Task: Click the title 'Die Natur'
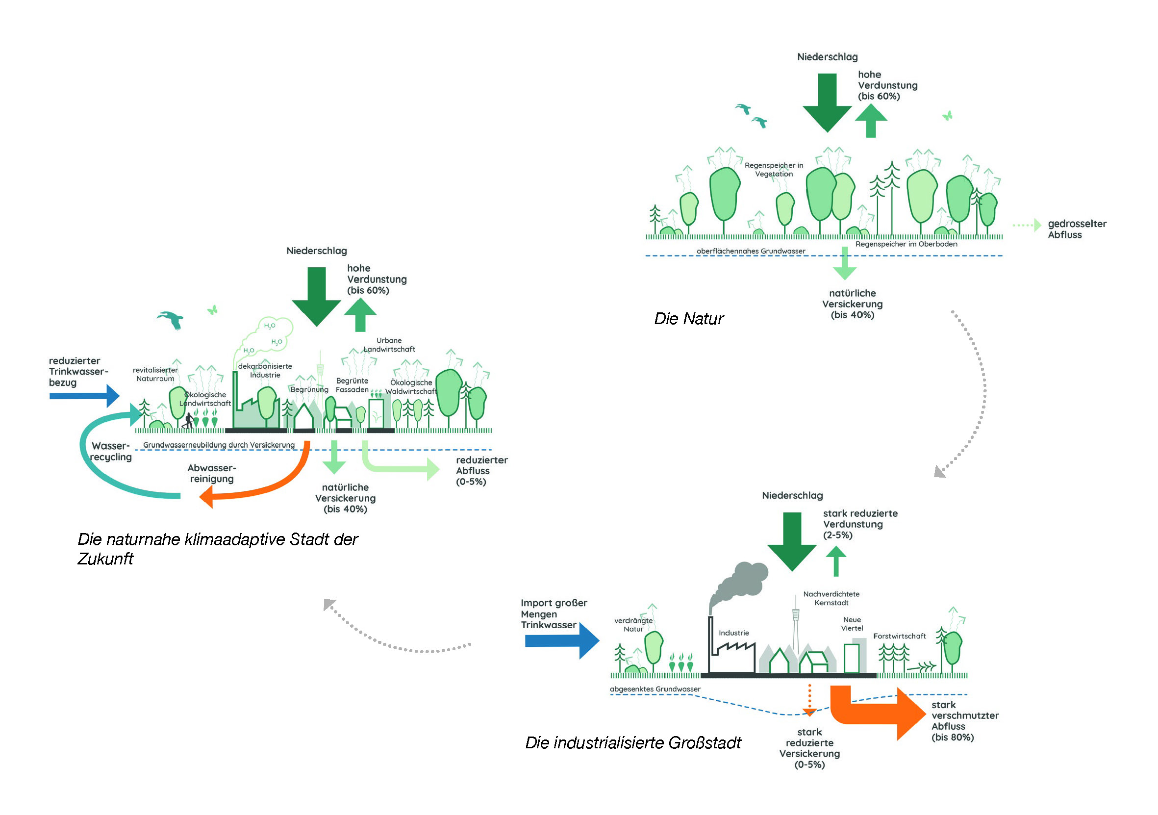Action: (x=688, y=319)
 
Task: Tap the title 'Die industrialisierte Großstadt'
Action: (x=633, y=743)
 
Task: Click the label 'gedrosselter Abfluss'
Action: (x=1077, y=229)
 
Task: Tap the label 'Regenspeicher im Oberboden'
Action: (x=906, y=244)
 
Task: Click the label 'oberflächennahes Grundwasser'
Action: (x=751, y=251)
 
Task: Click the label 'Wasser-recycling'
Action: (x=111, y=451)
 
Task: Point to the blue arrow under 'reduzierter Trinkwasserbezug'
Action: (x=84, y=396)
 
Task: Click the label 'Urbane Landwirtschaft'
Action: (x=389, y=345)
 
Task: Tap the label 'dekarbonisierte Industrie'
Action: (x=265, y=371)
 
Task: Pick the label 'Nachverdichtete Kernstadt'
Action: (x=831, y=599)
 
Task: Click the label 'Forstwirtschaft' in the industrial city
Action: (x=899, y=637)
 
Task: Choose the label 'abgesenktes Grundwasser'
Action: (x=655, y=689)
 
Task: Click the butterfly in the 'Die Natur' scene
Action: (x=947, y=116)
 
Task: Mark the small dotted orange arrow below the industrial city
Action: (x=809, y=701)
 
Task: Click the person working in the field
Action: (x=189, y=421)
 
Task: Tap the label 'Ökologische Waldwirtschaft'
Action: (x=411, y=387)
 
